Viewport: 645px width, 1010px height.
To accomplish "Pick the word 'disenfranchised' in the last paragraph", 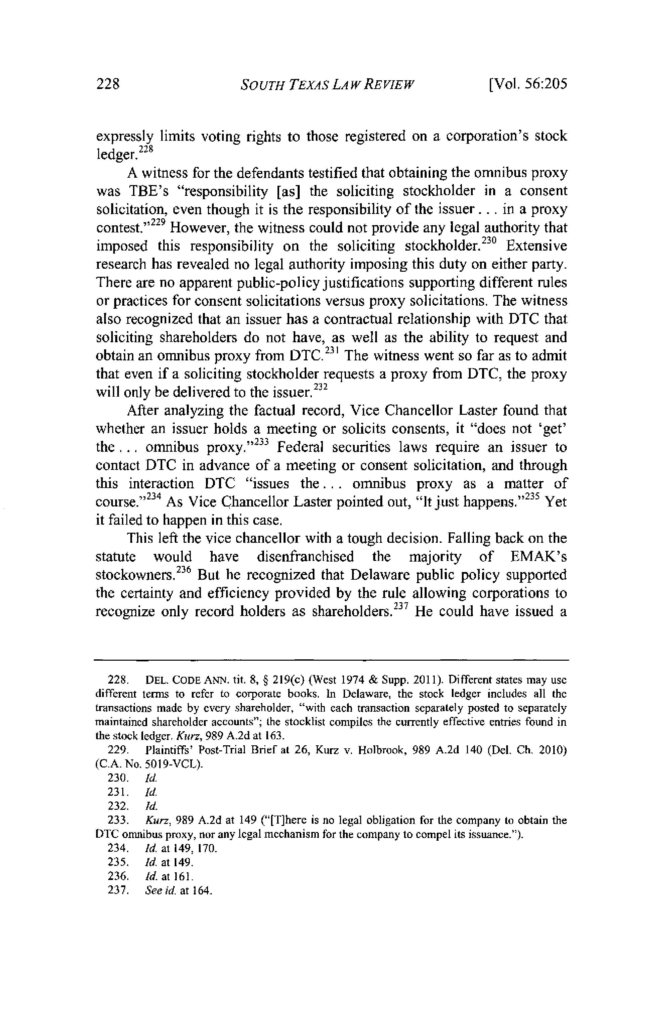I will tap(305, 557).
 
